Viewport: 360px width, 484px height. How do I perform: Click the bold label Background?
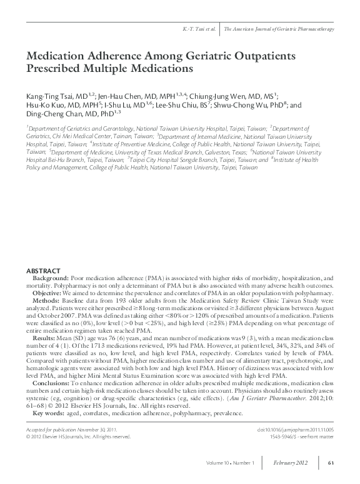pyautogui.click(x=51, y=277)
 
